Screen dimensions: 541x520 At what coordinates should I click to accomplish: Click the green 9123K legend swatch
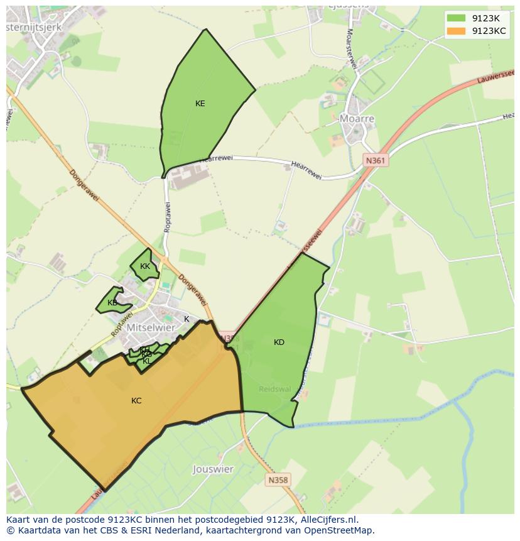(x=456, y=19)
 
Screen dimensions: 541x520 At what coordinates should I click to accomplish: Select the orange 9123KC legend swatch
(x=456, y=31)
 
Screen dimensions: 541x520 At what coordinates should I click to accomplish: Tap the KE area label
(x=200, y=104)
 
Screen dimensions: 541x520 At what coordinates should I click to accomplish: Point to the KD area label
(x=279, y=342)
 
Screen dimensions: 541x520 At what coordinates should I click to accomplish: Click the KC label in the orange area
(x=136, y=401)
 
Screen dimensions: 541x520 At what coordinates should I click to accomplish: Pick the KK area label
(x=145, y=266)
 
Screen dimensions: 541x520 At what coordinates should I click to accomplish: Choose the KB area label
(x=112, y=303)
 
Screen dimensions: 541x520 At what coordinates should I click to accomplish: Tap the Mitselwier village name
(x=151, y=327)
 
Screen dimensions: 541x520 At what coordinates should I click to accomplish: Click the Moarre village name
(x=357, y=119)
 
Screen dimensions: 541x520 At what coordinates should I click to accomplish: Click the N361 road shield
(x=375, y=161)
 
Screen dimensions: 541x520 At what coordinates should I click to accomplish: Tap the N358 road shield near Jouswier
(x=278, y=480)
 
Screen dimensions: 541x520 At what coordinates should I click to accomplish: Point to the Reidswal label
(x=275, y=389)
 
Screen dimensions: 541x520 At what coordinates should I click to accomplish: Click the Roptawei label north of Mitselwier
(x=168, y=217)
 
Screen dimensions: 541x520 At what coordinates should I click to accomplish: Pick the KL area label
(x=147, y=361)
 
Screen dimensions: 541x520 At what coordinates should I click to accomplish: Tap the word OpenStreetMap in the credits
(x=339, y=530)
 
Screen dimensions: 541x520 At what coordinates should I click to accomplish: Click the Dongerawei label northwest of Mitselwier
(x=84, y=186)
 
